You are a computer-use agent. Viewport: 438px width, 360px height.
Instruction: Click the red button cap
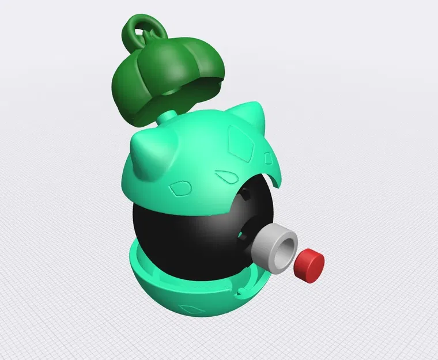pos(309,265)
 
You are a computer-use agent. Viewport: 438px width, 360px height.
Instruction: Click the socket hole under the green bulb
pos(173,92)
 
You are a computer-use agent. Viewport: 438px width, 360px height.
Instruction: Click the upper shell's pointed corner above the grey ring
pos(278,183)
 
